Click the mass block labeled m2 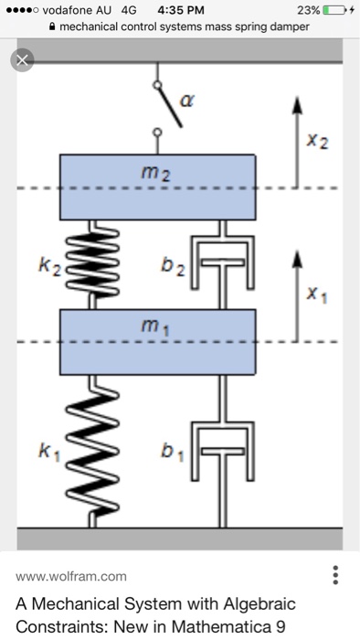point(156,186)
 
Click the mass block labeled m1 point(156,340)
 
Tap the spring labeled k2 point(91,266)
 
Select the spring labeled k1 point(91,452)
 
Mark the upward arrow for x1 point(295,283)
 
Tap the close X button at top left point(21,61)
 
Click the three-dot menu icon point(336,575)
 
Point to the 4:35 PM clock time point(181,10)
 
